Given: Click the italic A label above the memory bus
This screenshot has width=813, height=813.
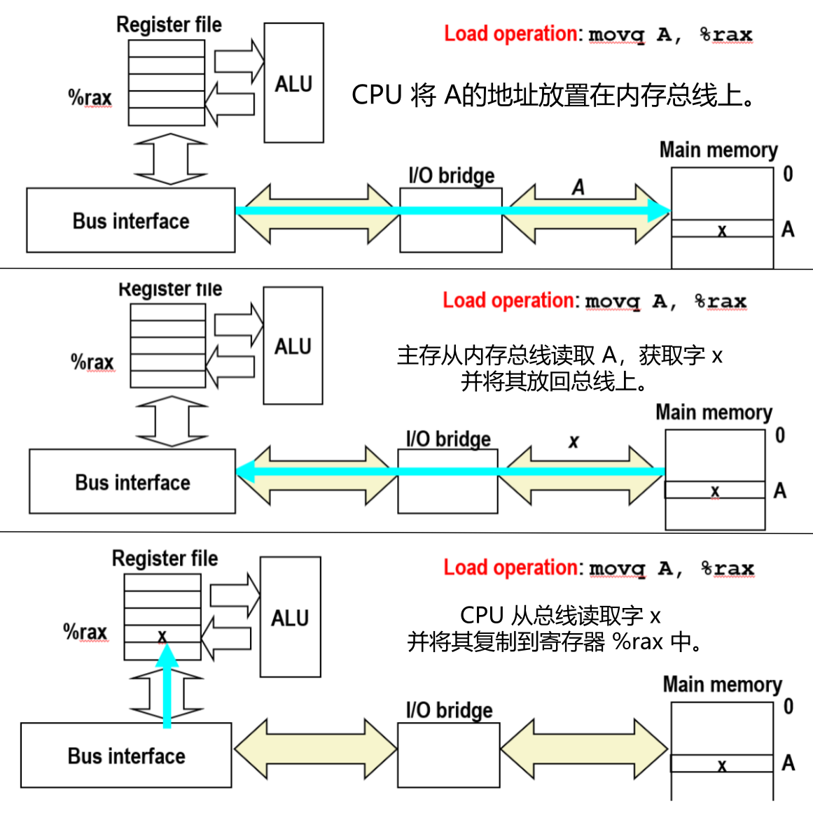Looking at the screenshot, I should point(578,188).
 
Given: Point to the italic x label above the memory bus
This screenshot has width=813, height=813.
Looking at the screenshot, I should point(574,441).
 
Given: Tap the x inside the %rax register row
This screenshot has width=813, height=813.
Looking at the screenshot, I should point(162,635).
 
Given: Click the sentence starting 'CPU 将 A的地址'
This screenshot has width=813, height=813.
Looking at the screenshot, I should point(553,95).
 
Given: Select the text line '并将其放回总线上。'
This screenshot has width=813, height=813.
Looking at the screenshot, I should point(553,382).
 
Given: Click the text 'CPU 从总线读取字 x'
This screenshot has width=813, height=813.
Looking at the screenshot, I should point(560,616).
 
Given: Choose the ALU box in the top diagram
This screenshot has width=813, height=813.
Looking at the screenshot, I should point(293,83).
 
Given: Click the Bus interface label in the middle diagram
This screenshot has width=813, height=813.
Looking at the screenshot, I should point(132,483).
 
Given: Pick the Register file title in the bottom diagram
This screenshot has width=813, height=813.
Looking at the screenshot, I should point(165,558).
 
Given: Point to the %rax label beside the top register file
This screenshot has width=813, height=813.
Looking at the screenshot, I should point(90,98).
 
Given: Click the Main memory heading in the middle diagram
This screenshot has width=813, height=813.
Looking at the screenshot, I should point(714,413).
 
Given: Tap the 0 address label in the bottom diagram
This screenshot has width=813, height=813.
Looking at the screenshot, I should point(788,707).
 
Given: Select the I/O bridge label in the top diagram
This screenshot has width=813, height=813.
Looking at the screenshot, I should point(451,176).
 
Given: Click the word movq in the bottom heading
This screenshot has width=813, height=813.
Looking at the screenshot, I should point(617,568).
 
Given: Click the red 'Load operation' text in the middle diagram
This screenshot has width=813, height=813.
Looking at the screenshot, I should point(508,301).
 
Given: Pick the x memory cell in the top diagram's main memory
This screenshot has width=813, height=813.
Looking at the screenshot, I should point(722,229).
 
